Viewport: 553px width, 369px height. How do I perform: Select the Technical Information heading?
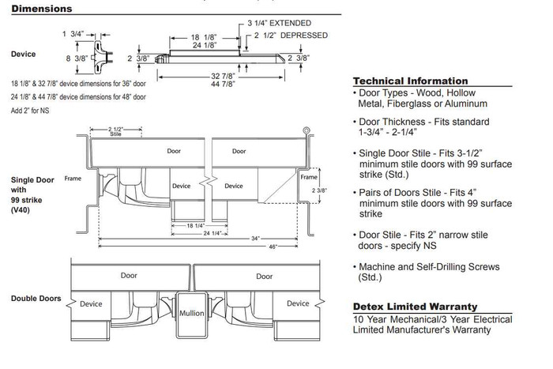410,81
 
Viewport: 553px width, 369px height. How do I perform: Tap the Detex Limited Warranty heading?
415,307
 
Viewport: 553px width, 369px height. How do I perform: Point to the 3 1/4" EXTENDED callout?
278,23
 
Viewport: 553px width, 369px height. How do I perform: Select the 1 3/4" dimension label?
73,34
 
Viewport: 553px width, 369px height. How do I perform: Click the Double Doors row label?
35,299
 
